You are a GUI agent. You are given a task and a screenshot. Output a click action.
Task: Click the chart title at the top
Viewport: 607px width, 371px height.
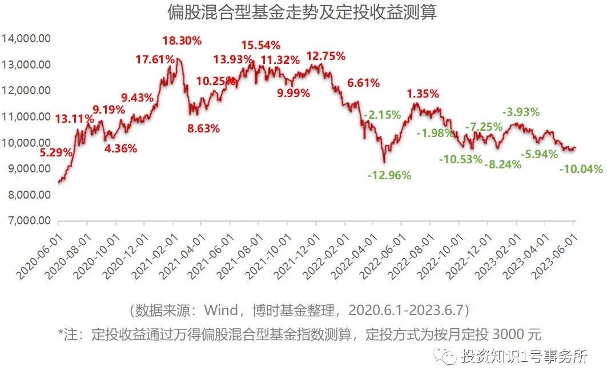[x=302, y=13]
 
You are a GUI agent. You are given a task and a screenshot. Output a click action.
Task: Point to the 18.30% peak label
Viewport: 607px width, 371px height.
[x=182, y=41]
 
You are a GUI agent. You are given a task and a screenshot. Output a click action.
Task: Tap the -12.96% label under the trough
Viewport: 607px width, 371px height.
[x=390, y=175]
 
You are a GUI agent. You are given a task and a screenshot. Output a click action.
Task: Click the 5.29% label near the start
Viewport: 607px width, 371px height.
[x=56, y=152]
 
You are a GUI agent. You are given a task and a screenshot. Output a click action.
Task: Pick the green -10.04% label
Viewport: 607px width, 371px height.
[x=581, y=169]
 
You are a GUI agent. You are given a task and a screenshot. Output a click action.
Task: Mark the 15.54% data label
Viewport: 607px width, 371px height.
[x=260, y=45]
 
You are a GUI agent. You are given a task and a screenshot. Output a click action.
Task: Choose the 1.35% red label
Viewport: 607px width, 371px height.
[x=423, y=94]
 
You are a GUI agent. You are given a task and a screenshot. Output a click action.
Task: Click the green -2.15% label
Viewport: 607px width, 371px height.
[x=382, y=115]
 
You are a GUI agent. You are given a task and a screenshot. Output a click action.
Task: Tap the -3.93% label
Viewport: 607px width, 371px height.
[x=520, y=112]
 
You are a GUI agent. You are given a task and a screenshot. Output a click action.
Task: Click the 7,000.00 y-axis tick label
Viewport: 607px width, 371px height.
[x=29, y=221]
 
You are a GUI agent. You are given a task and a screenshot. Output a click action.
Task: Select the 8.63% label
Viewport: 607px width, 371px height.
[x=203, y=128]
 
